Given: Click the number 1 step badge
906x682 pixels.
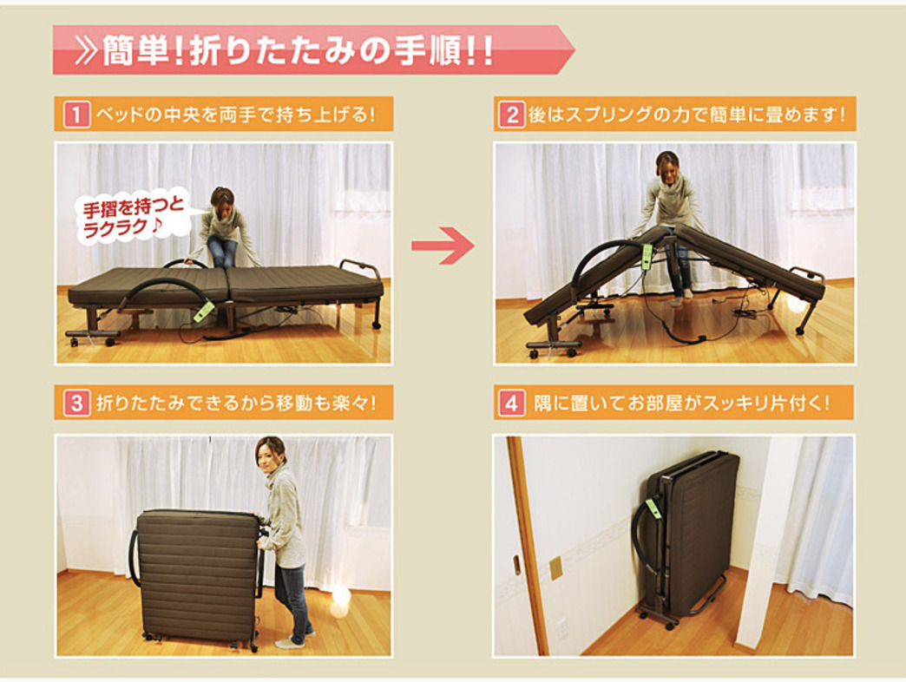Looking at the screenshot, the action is pyautogui.click(x=77, y=114).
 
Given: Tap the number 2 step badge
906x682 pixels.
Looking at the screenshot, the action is pyautogui.click(x=512, y=115).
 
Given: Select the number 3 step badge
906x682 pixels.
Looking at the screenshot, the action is pyautogui.click(x=77, y=402).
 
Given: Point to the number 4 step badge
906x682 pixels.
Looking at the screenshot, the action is pyautogui.click(x=512, y=403).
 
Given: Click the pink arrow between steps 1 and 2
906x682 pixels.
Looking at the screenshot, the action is pyautogui.click(x=443, y=246).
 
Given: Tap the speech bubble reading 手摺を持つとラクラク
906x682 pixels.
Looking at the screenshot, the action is pyautogui.click(x=132, y=217).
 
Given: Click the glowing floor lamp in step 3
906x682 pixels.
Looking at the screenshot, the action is pyautogui.click(x=341, y=595).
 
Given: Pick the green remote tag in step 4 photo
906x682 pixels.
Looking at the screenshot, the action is pyautogui.click(x=654, y=508).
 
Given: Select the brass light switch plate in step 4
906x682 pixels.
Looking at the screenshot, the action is pyautogui.click(x=556, y=567).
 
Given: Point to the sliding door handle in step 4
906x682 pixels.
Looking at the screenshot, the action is pyautogui.click(x=516, y=566).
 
